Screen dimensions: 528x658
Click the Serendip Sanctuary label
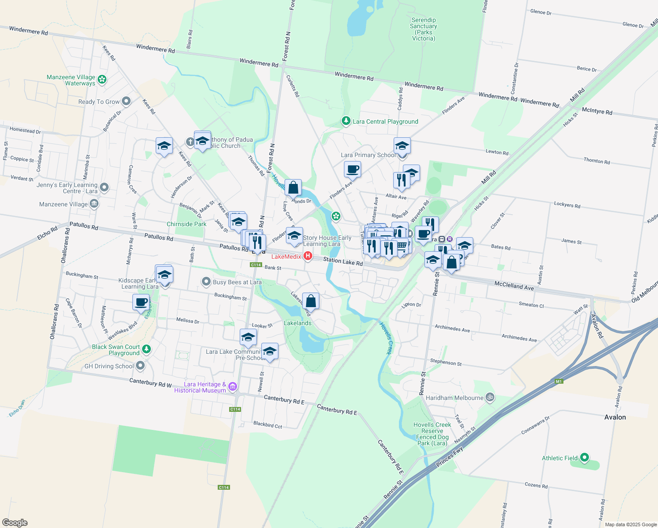pyautogui.click(x=423, y=29)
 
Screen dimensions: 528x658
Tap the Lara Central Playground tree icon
pyautogui.click(x=346, y=121)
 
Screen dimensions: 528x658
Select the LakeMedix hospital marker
pyautogui.click(x=308, y=256)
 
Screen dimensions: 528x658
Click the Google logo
pyautogui.click(x=15, y=523)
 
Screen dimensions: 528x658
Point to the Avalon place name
pyautogui.click(x=615, y=417)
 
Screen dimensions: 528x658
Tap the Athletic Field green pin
pyautogui.click(x=585, y=458)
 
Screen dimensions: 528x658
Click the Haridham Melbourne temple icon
pyautogui.click(x=490, y=397)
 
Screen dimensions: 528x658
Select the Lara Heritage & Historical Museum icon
pyautogui.click(x=233, y=387)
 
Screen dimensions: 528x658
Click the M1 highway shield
pyautogui.click(x=559, y=381)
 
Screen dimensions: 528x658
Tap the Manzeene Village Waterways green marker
pyautogui.click(x=102, y=79)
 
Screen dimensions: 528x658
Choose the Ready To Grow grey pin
pyautogui.click(x=126, y=101)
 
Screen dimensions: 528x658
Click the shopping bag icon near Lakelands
pyautogui.click(x=311, y=301)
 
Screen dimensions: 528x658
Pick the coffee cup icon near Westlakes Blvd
pyautogui.click(x=141, y=303)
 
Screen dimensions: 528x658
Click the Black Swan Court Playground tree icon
pyautogui.click(x=146, y=349)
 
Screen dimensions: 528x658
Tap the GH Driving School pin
pyautogui.click(x=140, y=365)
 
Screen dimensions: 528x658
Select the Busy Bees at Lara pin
pyautogui.click(x=206, y=282)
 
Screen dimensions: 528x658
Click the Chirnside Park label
pyautogui.click(x=186, y=224)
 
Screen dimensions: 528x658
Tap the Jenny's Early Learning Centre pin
pyautogui.click(x=104, y=187)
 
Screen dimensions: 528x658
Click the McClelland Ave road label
pyautogui.click(x=514, y=286)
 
